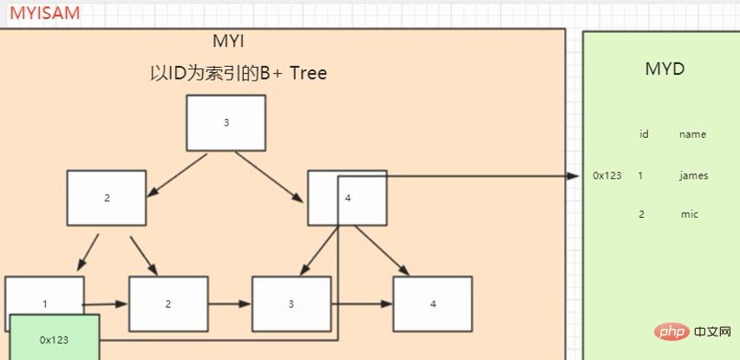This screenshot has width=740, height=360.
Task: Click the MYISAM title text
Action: point(44,13)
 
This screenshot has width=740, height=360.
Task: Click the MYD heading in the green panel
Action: point(665,69)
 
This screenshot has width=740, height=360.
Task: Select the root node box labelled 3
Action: point(226,122)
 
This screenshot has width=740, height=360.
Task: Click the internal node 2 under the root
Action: point(107,198)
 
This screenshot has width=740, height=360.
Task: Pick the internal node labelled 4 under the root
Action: point(347,198)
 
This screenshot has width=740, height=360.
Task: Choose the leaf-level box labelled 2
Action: point(168,304)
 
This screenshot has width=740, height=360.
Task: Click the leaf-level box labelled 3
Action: point(291,304)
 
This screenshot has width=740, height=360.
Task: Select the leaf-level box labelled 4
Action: point(432,304)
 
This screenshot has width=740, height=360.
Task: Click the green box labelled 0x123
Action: point(54,339)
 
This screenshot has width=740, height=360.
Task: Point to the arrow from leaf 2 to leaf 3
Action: point(229,304)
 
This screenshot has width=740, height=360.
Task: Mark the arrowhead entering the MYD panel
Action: point(573,175)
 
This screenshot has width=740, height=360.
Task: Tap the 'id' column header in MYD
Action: point(644,134)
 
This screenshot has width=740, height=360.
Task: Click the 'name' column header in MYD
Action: point(692,134)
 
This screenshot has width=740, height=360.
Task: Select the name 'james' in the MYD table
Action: point(693,175)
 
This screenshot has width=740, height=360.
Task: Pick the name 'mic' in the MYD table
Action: point(689,214)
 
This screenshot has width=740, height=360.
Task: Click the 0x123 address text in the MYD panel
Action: point(607,175)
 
